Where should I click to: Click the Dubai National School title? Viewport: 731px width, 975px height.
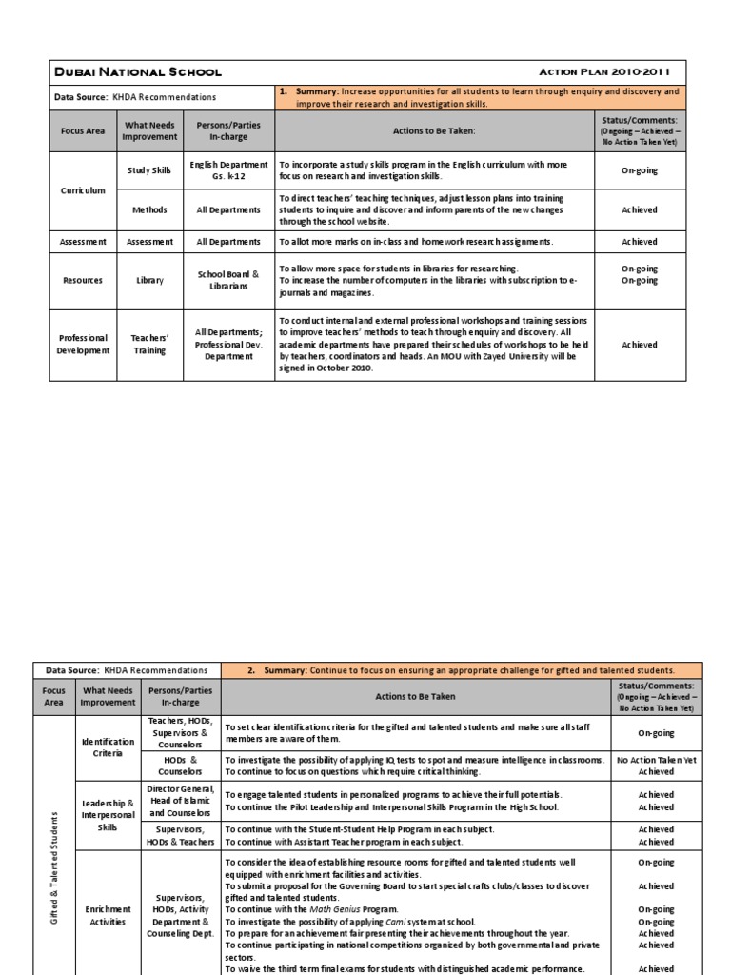click(138, 71)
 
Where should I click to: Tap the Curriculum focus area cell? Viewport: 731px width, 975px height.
click(83, 190)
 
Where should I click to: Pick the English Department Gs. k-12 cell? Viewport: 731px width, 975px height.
click(228, 170)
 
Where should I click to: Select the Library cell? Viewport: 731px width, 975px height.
click(149, 280)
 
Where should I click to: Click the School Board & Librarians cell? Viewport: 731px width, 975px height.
click(228, 280)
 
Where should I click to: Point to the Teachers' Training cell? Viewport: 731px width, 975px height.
click(149, 345)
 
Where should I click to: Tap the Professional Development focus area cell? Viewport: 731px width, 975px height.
click(83, 345)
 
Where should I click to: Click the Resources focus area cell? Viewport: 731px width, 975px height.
click(83, 280)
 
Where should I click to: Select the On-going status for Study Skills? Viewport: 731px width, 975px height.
click(639, 170)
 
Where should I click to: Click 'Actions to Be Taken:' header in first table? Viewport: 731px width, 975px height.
click(433, 130)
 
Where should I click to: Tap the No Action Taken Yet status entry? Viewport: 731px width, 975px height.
click(657, 760)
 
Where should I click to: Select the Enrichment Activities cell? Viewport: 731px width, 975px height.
click(109, 915)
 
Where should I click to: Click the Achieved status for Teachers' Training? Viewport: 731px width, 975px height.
click(639, 345)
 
